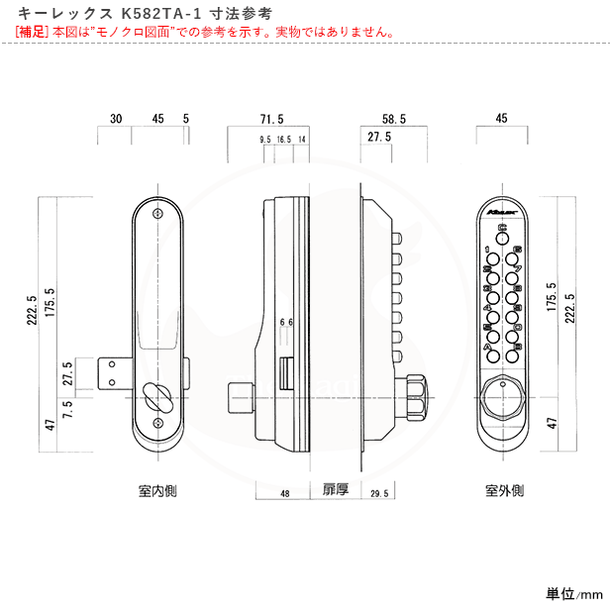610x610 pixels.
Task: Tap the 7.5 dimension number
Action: tap(68, 409)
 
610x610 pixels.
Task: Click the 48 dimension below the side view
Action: tap(284, 492)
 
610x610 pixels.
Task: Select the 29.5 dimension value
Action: tap(377, 492)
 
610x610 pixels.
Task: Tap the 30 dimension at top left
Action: tap(116, 119)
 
